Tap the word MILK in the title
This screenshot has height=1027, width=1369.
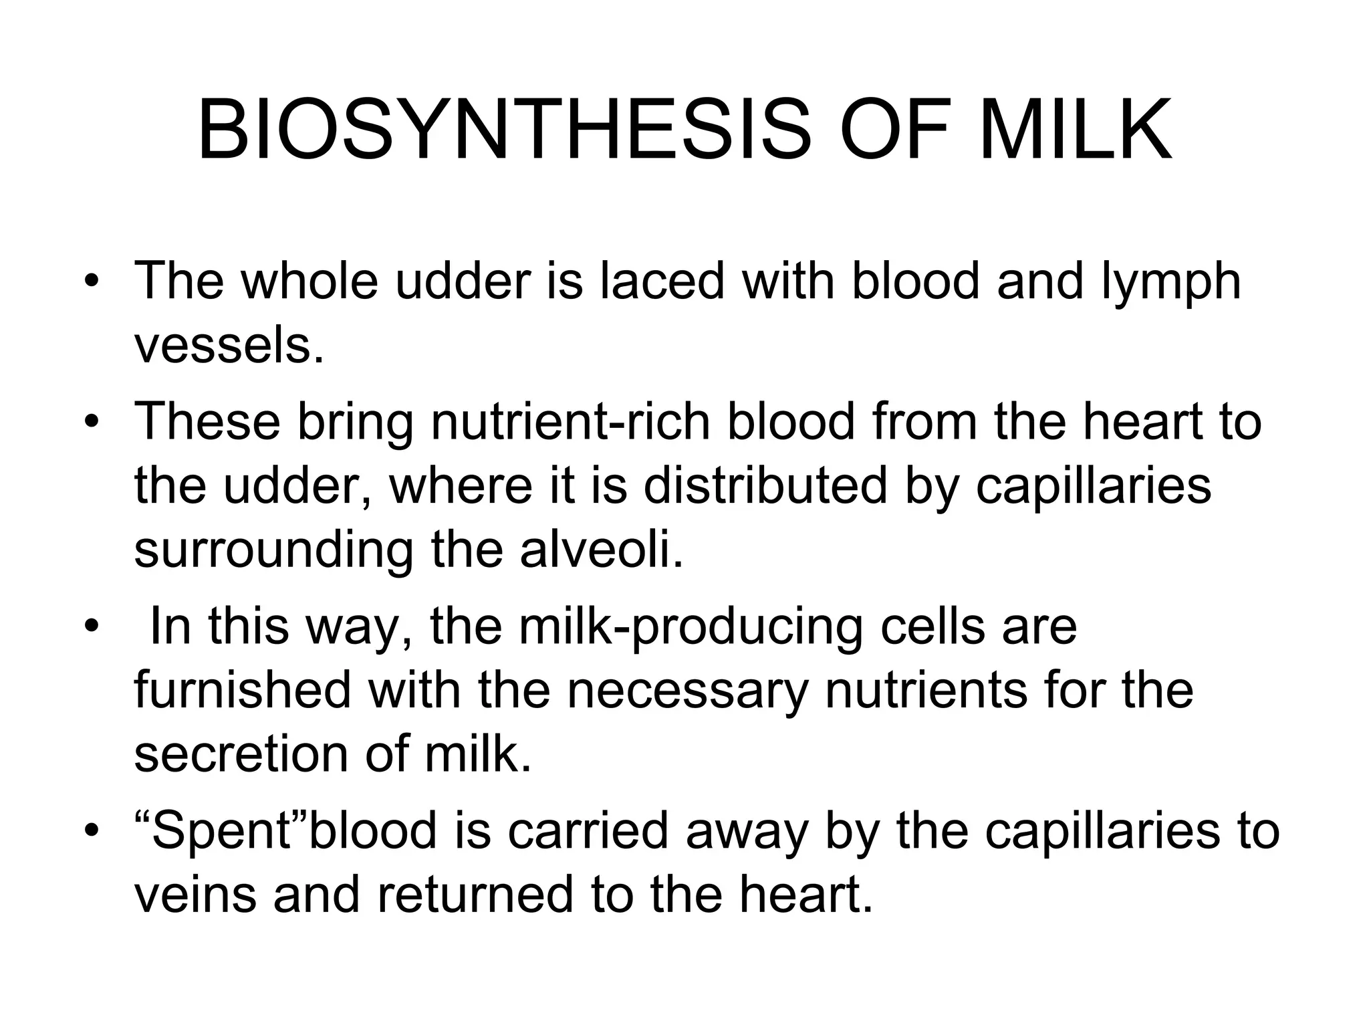(x=1076, y=130)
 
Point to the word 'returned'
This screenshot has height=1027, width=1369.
(x=475, y=896)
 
